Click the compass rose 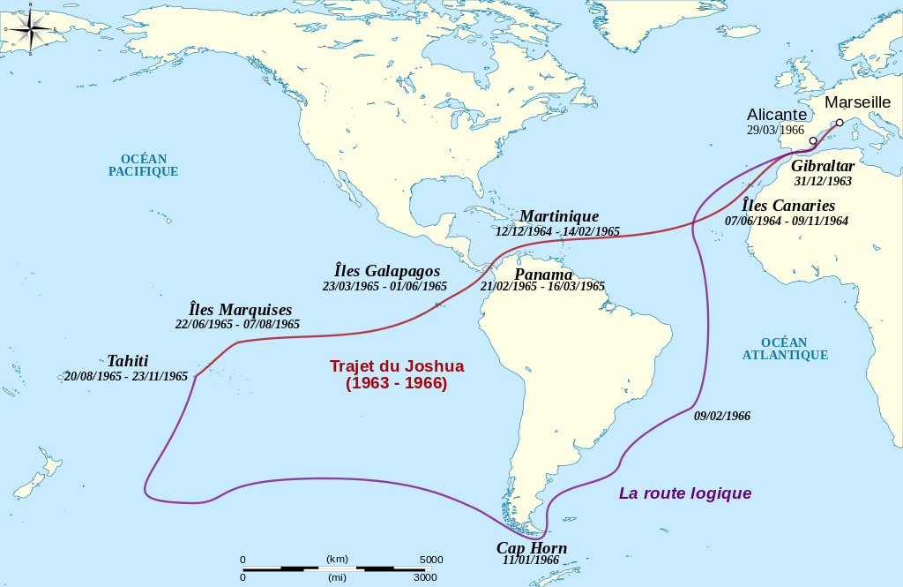tap(30, 29)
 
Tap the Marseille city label tap(857, 102)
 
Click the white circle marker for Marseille tap(840, 123)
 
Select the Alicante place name tap(776, 115)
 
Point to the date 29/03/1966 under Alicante tap(775, 130)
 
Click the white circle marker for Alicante tap(812, 140)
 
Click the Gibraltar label tap(822, 166)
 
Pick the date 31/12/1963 tap(822, 181)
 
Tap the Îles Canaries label tap(787, 206)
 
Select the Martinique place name tap(558, 216)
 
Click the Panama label tap(543, 274)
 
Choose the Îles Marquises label tap(240, 310)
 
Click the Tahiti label tap(127, 360)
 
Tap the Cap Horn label tap(531, 547)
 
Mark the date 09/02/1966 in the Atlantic tap(721, 416)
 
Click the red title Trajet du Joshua tap(396, 365)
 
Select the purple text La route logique tap(684, 493)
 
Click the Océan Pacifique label tap(143, 165)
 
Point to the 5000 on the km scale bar tap(430, 560)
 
